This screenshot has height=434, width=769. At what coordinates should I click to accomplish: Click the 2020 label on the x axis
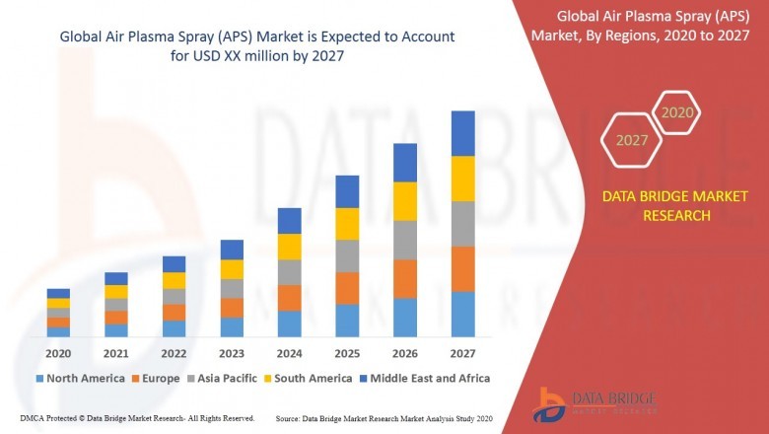(58, 353)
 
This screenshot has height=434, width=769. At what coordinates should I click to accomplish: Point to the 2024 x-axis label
(289, 353)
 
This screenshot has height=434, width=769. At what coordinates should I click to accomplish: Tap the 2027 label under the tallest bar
(462, 353)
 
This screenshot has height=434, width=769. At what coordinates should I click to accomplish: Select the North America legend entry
(80, 378)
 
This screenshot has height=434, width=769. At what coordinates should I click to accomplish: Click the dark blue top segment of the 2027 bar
(462, 133)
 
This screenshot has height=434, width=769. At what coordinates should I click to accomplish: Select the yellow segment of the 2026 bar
(404, 201)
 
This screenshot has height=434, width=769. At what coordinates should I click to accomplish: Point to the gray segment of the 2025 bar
(347, 255)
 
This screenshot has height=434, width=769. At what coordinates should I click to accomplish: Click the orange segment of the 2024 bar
(289, 298)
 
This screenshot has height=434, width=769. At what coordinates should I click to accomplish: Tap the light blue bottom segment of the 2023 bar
(232, 326)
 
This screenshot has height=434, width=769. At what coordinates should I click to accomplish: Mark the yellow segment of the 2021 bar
(116, 292)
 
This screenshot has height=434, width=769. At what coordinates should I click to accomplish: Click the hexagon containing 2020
(676, 113)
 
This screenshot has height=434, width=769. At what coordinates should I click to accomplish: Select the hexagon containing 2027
(632, 140)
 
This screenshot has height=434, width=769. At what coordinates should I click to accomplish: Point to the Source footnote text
(384, 418)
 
